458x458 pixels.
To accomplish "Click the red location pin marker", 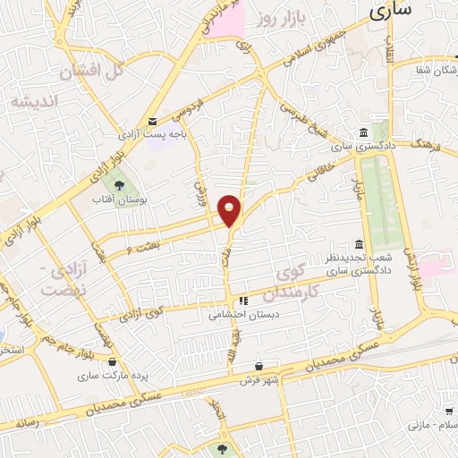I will coord(231,210).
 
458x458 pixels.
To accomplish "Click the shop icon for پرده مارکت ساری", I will coord(112,362).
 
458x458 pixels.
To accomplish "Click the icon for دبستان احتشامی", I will coord(242,301).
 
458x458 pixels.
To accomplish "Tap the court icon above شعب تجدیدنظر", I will coord(359,244).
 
